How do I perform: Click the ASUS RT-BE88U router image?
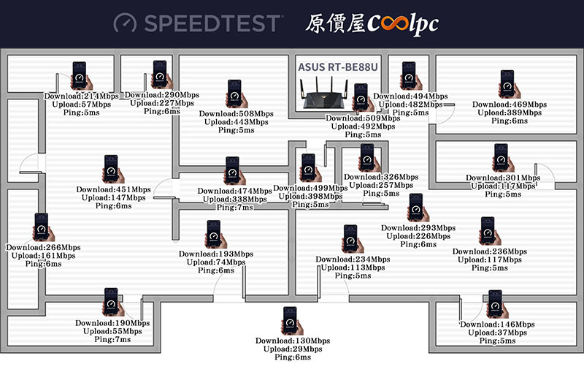324,93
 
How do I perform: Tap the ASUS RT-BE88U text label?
338,67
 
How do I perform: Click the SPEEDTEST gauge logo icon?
125,23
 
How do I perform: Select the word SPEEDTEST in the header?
212,23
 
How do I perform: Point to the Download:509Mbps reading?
363,118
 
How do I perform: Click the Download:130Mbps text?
293,341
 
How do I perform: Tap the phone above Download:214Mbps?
81,76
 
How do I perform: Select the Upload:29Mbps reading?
293,349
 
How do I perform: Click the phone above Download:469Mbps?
509,84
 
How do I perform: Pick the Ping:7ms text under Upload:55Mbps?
112,340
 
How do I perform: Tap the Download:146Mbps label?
497,325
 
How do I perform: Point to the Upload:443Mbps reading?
236,122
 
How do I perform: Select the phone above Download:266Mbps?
43,227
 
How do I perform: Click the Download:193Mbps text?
216,254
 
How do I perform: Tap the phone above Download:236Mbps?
490,231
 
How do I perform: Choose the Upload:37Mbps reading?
497,333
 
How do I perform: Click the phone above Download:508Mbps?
236,94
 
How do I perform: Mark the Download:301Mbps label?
503,178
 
